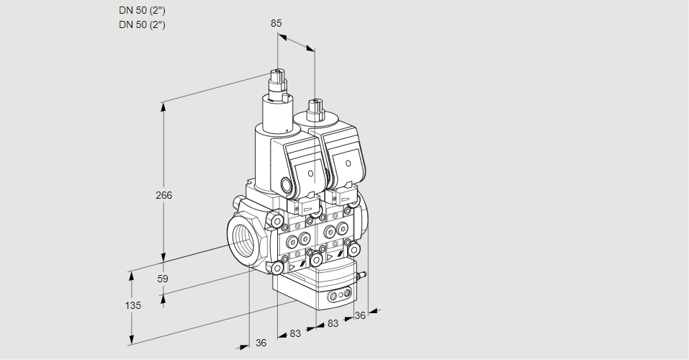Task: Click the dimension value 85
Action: [276, 23]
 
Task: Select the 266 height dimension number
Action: [165, 194]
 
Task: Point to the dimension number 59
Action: [163, 279]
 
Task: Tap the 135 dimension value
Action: [132, 305]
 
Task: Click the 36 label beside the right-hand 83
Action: [361, 315]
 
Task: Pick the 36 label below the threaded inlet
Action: [261, 343]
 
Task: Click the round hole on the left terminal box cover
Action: [309, 174]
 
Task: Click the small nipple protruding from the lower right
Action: [363, 274]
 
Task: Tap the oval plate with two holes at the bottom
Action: [338, 296]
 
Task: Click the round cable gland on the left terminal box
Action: [288, 186]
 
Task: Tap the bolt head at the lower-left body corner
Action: [277, 268]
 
